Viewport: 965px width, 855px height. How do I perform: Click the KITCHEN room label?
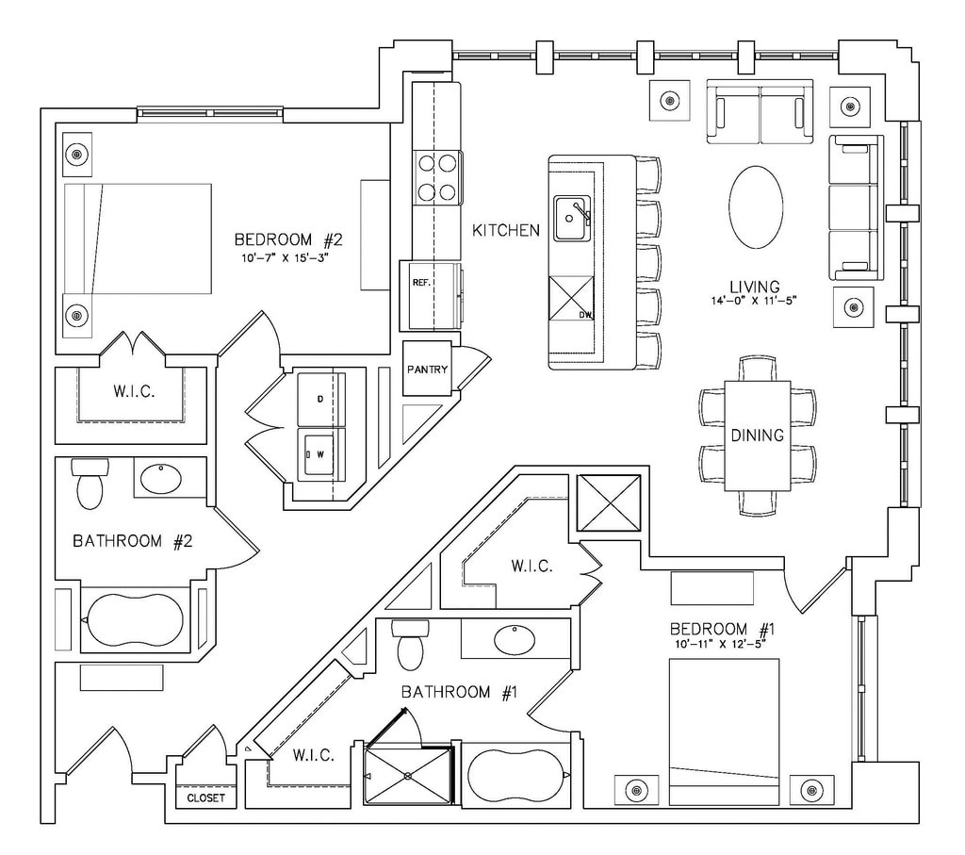[506, 230]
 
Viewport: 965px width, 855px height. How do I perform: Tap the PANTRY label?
[427, 370]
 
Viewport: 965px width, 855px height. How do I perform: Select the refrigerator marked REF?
[432, 295]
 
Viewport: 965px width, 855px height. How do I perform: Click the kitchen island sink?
[571, 219]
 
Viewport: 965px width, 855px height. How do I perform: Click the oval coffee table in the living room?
[756, 207]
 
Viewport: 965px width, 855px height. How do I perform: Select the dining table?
[758, 435]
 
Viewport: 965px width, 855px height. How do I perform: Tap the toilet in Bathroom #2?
[90, 483]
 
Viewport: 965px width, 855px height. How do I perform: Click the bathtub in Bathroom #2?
[134, 620]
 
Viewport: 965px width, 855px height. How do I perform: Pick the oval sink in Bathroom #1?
[515, 640]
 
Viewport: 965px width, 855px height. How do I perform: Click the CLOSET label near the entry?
[206, 798]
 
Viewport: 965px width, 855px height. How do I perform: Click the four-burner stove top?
[438, 177]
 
